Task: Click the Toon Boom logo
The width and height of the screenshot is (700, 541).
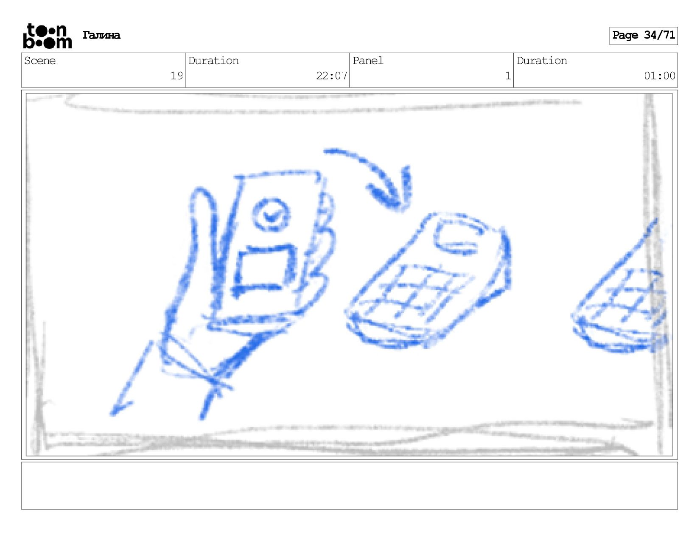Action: coord(48,36)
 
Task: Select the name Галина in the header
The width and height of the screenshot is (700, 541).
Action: coord(101,35)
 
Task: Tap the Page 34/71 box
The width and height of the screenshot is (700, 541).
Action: coord(643,36)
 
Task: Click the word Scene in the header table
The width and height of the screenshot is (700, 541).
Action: coord(40,61)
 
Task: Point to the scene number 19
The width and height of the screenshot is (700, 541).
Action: coord(176,76)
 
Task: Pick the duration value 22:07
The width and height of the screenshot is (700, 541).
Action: coord(331,76)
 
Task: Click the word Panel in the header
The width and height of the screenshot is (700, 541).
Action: coord(368,61)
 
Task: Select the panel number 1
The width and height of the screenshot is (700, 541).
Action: coord(508,76)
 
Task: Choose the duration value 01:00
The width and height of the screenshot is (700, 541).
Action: coord(660,76)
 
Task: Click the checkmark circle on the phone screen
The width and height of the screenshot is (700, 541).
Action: coord(271,214)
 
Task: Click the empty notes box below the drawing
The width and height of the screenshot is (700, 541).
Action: coord(350,485)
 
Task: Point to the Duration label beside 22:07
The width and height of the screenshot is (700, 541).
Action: coord(213,61)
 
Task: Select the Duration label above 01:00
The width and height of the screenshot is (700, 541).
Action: coord(542,61)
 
